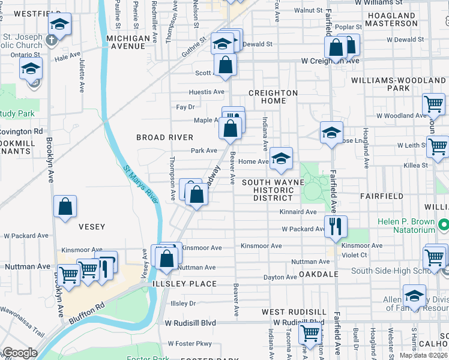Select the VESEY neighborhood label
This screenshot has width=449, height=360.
coord(92,227)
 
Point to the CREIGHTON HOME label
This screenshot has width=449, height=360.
coord(273,97)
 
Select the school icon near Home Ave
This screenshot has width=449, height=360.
coord(280,158)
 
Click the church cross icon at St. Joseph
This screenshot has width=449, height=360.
coord(52,40)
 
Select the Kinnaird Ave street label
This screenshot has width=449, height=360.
coord(298,212)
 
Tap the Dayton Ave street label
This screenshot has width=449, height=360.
coord(280,277)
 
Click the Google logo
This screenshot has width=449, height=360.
coord(20,353)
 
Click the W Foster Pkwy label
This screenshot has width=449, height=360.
coord(190,344)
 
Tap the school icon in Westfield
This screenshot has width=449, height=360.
coord(59,25)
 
